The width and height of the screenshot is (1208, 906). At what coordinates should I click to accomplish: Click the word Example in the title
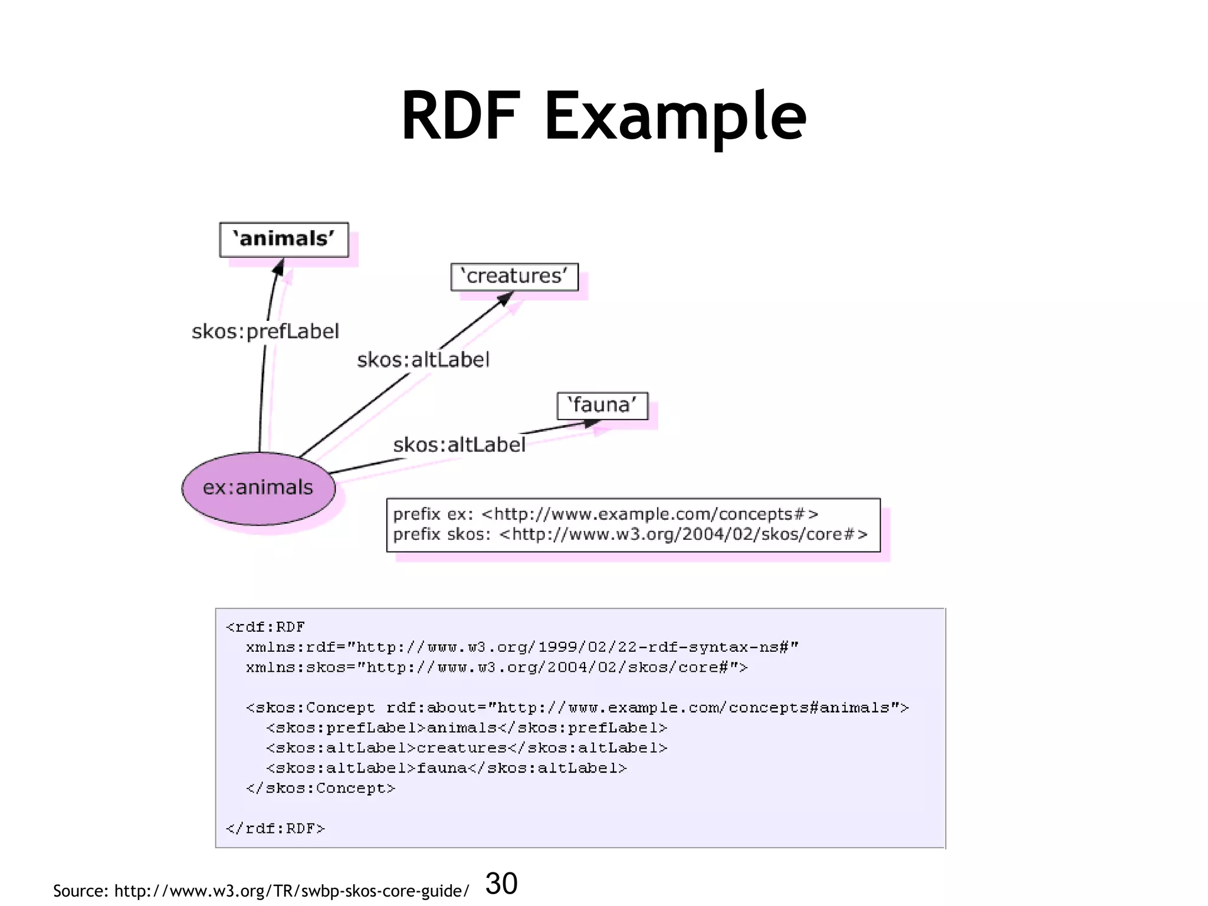pyautogui.click(x=675, y=116)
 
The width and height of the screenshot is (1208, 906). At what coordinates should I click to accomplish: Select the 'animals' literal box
pyautogui.click(x=284, y=239)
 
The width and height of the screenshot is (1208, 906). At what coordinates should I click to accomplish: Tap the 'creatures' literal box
pyautogui.click(x=514, y=277)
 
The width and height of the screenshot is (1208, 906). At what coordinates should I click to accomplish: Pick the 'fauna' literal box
pyautogui.click(x=602, y=406)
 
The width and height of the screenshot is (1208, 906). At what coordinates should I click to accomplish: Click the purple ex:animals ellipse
pyautogui.click(x=258, y=488)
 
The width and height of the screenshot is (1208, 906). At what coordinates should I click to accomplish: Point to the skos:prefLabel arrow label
pyautogui.click(x=265, y=331)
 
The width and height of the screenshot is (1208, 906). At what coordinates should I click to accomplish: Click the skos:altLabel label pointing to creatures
pyautogui.click(x=423, y=360)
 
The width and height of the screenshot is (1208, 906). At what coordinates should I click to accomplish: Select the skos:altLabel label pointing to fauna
pyautogui.click(x=459, y=445)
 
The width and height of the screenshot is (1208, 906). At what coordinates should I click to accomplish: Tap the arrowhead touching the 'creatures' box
pyautogui.click(x=504, y=299)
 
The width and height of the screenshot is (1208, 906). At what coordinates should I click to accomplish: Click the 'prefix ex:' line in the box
pyautogui.click(x=605, y=514)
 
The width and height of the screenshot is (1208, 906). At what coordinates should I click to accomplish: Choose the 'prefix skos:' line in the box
pyautogui.click(x=630, y=534)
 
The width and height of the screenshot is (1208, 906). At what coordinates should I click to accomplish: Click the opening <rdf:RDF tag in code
pyautogui.click(x=265, y=627)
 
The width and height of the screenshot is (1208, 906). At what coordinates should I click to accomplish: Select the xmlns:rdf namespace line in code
pyautogui.click(x=522, y=647)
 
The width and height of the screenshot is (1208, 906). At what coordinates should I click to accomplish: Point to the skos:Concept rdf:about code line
pyautogui.click(x=577, y=708)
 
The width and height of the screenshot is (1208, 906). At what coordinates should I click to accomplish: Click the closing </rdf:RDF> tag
pyautogui.click(x=275, y=829)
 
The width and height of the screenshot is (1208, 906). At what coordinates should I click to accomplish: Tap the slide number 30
pyautogui.click(x=501, y=884)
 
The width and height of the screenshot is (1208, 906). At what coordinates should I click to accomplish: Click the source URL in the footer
pyautogui.click(x=291, y=891)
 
